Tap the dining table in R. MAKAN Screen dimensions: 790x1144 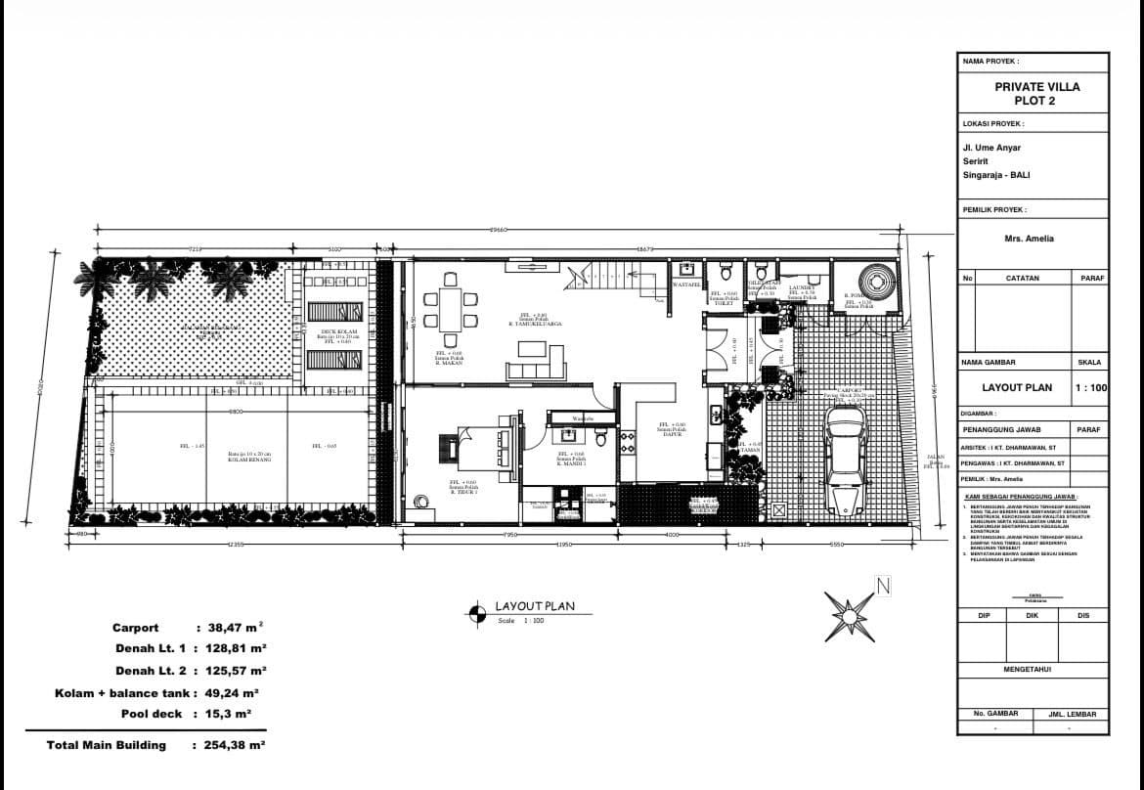[449, 308]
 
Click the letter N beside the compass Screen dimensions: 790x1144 [883, 587]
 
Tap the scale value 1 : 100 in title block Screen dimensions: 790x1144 [1090, 387]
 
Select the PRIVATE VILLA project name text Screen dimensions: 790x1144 [1036, 87]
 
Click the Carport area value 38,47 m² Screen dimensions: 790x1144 [235, 628]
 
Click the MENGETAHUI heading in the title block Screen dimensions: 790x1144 [1034, 670]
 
